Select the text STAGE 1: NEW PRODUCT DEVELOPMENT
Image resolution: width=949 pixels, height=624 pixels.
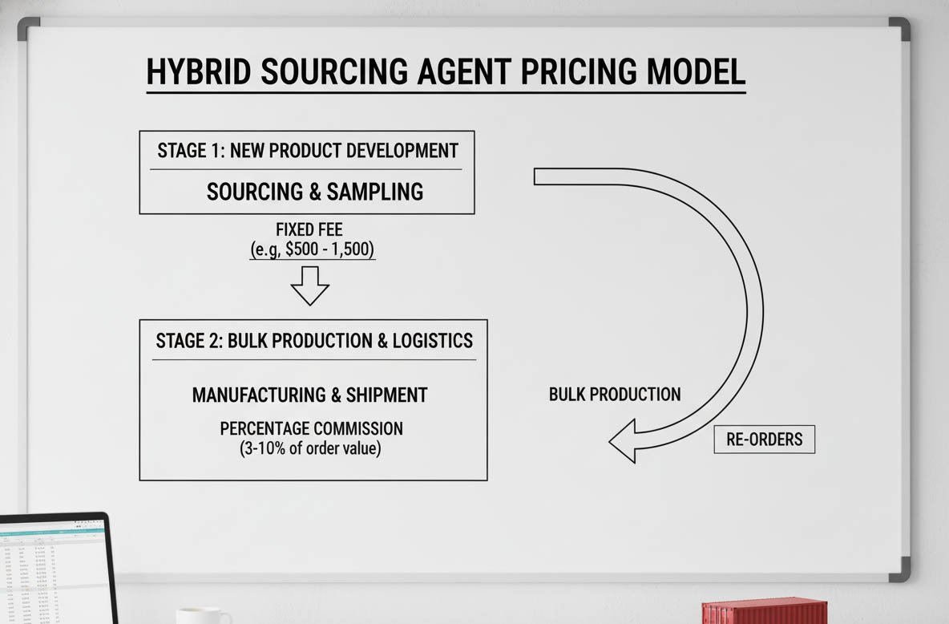click(308, 151)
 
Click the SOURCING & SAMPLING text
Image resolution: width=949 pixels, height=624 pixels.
click(315, 192)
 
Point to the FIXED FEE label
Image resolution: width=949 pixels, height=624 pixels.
click(309, 231)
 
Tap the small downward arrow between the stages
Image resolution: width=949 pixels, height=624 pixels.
click(310, 286)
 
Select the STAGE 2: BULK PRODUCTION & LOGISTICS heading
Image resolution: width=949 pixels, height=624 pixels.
click(314, 340)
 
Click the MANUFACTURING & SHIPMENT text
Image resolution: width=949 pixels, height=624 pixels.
click(309, 395)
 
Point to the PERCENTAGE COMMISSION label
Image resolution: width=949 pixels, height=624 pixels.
click(311, 428)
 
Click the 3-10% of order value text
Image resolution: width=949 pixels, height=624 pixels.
click(311, 448)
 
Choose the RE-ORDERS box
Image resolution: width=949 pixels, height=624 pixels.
click(765, 440)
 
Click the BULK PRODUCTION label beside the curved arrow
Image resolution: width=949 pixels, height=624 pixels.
click(615, 395)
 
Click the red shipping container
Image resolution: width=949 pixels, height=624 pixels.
click(764, 611)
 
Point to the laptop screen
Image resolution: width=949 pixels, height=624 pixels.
click(52, 569)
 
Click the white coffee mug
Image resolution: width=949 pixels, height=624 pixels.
click(203, 616)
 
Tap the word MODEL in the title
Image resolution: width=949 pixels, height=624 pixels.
click(696, 72)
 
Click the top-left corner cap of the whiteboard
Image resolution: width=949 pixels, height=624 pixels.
click(28, 28)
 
